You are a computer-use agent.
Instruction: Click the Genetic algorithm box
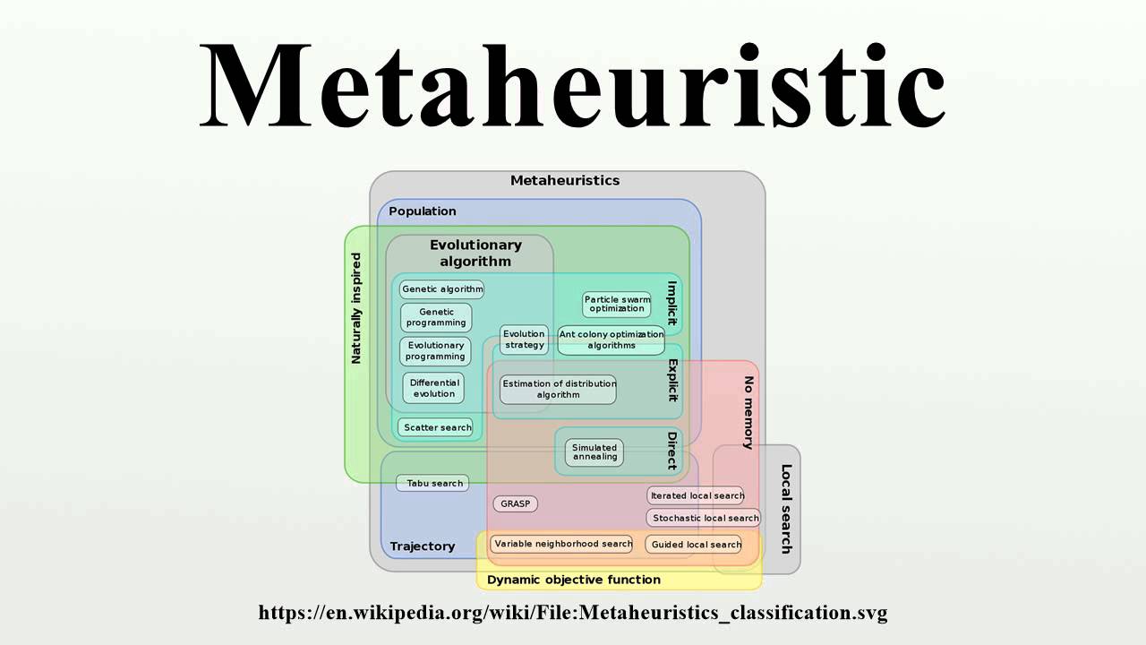(442, 289)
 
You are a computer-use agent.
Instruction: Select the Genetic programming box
(436, 318)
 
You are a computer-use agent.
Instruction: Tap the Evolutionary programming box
(435, 351)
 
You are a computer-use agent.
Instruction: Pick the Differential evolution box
(433, 388)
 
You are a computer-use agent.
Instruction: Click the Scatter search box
(436, 427)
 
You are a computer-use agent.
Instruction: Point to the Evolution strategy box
(524, 340)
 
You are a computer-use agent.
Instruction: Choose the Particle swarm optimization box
(617, 304)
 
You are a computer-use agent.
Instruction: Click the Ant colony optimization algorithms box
(611, 340)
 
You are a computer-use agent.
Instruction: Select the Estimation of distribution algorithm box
(559, 389)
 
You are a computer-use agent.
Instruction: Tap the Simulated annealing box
(594, 452)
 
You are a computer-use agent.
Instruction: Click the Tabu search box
(433, 483)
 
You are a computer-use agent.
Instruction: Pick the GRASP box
(515, 503)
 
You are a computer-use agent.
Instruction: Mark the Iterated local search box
(697, 495)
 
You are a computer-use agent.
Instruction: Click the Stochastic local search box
(705, 518)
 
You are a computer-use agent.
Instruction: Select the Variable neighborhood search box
(562, 544)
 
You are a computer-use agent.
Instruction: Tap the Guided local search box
(696, 544)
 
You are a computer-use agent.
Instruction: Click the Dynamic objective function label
(573, 580)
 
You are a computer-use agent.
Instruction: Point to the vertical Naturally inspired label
(356, 308)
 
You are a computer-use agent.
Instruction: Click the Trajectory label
(422, 546)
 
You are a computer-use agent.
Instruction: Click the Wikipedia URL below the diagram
(573, 614)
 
